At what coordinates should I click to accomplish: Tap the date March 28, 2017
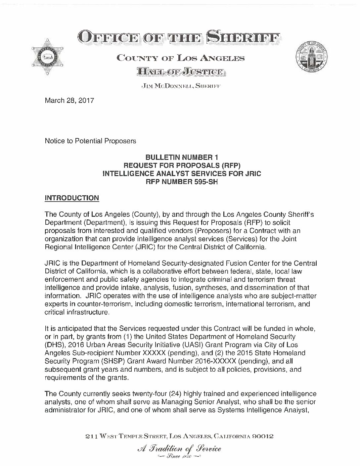click(69, 100)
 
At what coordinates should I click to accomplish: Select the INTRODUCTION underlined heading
click(71, 198)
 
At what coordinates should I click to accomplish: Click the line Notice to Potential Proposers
click(90, 141)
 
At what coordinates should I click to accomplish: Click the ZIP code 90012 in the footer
click(263, 437)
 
